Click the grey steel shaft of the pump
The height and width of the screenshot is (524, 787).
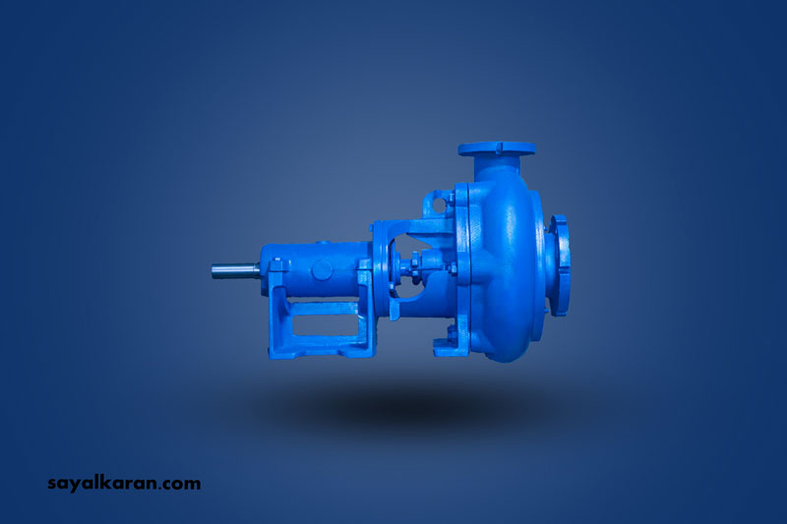coord(235,270)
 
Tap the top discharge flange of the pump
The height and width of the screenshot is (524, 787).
coord(497,148)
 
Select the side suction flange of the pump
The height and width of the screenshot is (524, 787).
coord(559,264)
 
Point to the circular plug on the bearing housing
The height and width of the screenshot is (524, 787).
coord(322,269)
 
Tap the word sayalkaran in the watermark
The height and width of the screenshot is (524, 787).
coord(104,484)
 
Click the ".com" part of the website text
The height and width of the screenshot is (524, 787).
coord(182,485)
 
